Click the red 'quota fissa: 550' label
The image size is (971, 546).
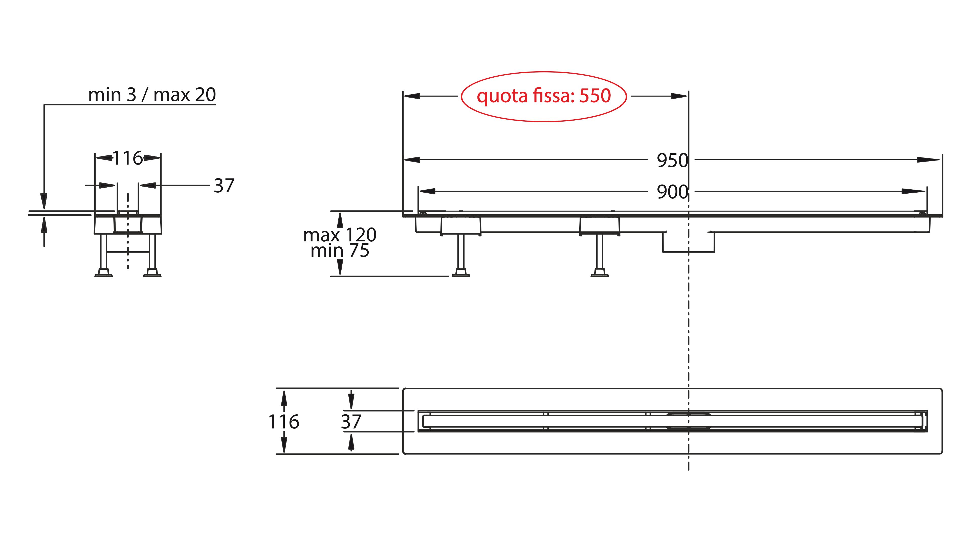coord(544,96)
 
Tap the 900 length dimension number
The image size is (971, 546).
coord(672,192)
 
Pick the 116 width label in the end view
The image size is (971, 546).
coord(128,158)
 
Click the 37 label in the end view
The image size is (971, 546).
coord(224,186)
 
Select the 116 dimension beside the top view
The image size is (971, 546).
coord(284,422)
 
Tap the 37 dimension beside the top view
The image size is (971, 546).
coord(351,422)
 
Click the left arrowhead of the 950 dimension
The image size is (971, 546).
coord(412,160)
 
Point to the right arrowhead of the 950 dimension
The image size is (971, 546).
coord(931,160)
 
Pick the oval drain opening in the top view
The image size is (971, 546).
coord(688,421)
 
